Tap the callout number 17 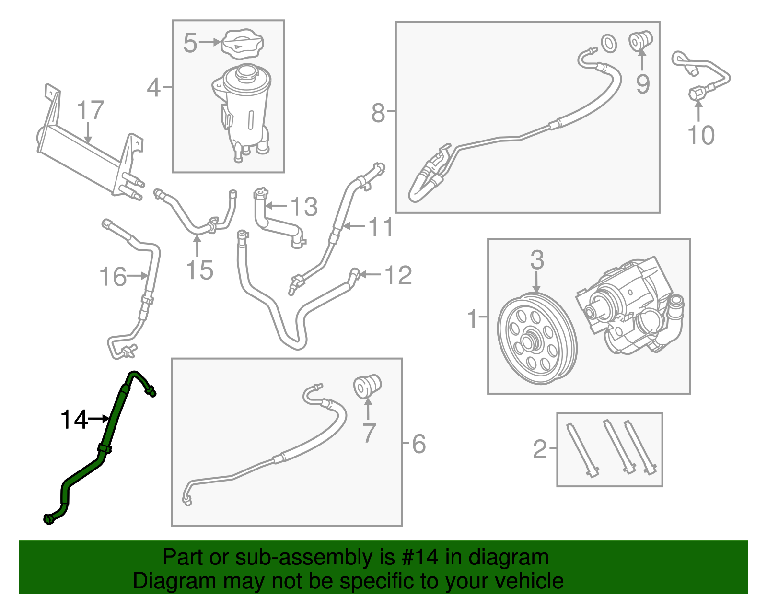pos(90,111)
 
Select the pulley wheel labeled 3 pos(537,339)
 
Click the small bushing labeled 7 pos(367,386)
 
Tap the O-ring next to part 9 pos(608,43)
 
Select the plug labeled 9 pos(641,40)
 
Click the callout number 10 pos(700,135)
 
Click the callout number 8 pos(378,114)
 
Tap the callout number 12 pos(398,276)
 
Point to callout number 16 pos(113,277)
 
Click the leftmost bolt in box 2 pos(581,448)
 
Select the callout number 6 pos(418,444)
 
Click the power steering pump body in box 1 pos(633,307)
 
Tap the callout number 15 pos(199,270)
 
